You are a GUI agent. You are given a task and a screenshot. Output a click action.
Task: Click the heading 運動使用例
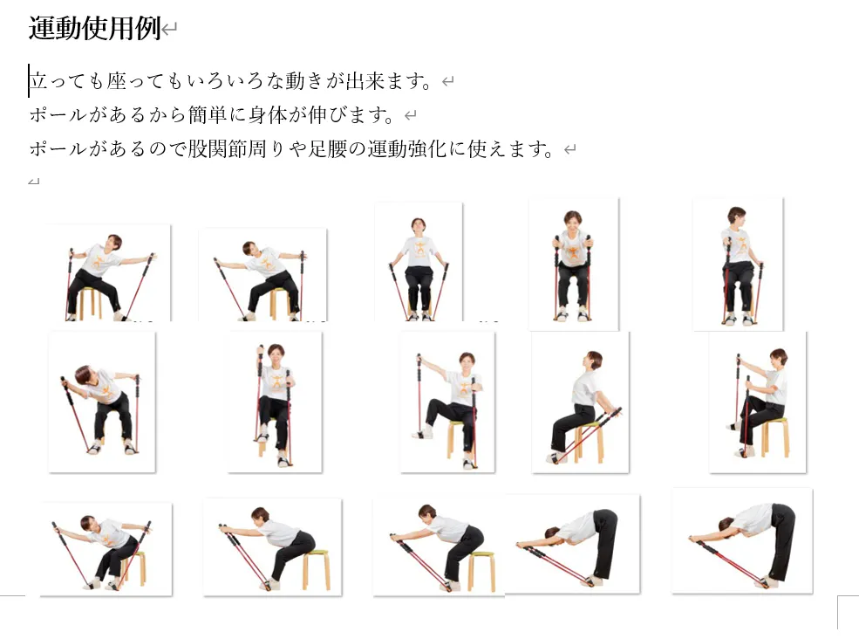click(x=94, y=29)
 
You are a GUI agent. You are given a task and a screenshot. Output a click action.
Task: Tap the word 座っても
click(x=145, y=81)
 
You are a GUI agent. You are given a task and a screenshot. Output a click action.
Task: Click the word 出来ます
click(x=387, y=81)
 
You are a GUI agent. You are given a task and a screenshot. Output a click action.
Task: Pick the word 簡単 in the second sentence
click(x=208, y=115)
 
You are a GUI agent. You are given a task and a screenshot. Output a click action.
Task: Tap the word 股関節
click(x=217, y=149)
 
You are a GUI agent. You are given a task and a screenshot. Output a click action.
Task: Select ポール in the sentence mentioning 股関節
click(x=58, y=149)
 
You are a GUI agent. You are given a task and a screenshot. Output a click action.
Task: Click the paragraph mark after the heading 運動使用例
click(x=170, y=29)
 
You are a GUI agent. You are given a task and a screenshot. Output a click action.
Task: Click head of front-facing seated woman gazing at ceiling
click(x=418, y=226)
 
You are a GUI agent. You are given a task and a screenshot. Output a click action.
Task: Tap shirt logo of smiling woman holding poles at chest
click(x=573, y=253)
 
